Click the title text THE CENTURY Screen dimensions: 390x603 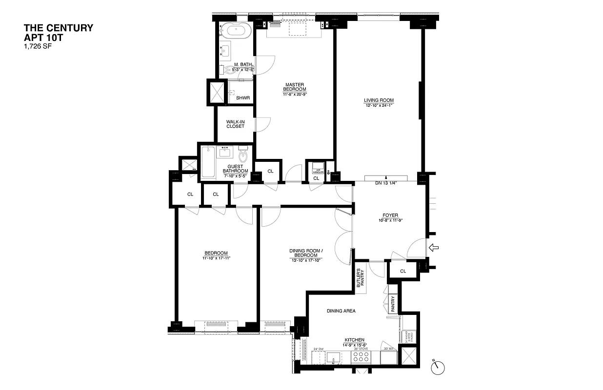59,28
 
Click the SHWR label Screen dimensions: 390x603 242,98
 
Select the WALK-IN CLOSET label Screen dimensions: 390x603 235,124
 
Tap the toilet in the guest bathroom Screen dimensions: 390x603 243,156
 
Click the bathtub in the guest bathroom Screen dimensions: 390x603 208,162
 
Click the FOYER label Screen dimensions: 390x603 390,215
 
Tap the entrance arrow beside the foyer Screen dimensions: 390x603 433,248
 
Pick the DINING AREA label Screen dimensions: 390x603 342,311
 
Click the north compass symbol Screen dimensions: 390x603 438,366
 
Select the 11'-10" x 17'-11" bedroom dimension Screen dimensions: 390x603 216,258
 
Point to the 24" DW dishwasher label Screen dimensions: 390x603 319,349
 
